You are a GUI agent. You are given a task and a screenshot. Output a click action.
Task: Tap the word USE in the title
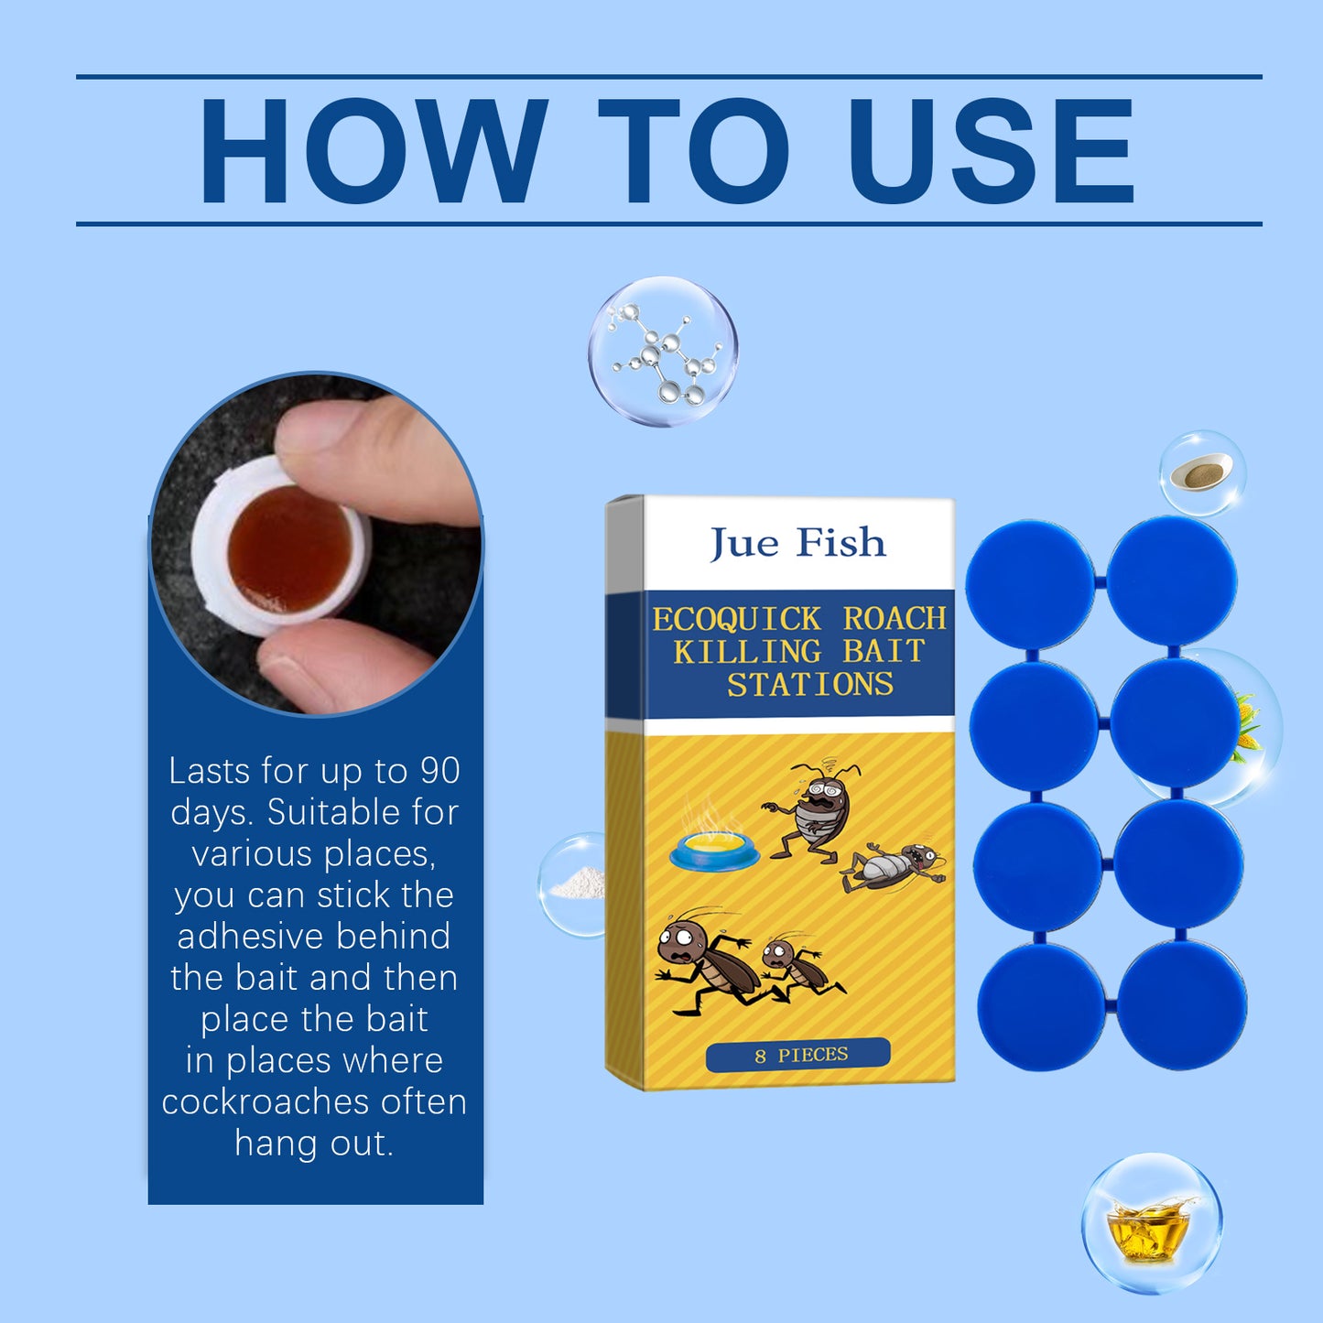point(992,151)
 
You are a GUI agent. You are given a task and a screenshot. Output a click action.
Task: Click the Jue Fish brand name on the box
point(797,543)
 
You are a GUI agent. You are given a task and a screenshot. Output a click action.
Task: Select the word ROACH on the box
point(895,619)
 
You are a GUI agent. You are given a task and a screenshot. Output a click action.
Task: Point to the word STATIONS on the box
point(809,685)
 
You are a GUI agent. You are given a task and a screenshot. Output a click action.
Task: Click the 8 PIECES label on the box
point(799,1055)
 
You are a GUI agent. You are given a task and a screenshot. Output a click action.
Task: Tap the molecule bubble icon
point(663,352)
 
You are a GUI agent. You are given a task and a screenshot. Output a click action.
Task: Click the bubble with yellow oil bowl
point(1151,1223)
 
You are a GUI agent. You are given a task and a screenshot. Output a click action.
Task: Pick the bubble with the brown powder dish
point(1202,473)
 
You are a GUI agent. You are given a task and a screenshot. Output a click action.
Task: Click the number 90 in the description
point(439,772)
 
